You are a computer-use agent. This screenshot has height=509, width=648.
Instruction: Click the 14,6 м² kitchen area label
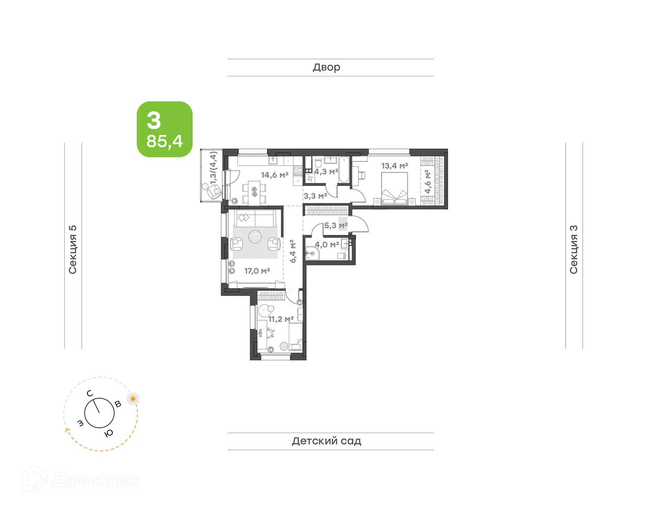(x=274, y=175)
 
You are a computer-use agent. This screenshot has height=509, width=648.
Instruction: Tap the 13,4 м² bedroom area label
(x=395, y=166)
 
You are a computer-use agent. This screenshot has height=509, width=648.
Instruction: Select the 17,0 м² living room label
(x=257, y=271)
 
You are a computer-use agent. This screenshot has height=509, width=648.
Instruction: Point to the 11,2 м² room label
(x=280, y=319)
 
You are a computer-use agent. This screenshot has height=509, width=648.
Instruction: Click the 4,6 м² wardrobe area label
(x=428, y=182)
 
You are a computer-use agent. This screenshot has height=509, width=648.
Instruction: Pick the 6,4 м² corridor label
(x=293, y=251)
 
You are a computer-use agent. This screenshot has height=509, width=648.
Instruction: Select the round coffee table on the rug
(x=255, y=236)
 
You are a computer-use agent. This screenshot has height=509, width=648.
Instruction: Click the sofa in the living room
(x=255, y=219)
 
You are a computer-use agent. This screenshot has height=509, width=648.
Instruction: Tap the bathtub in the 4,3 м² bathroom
(x=344, y=170)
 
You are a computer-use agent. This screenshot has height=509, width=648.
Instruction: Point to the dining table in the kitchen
(x=254, y=193)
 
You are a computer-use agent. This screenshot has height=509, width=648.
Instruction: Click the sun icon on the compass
(x=133, y=399)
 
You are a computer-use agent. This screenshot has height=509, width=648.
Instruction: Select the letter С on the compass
(x=89, y=393)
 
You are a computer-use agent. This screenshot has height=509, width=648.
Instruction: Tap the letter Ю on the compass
(x=109, y=433)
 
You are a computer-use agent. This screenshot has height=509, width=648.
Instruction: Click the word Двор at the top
(x=326, y=68)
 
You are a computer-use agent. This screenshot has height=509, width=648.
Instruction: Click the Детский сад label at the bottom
(x=326, y=441)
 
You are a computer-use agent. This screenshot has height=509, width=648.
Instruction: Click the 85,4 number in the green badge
(x=164, y=141)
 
